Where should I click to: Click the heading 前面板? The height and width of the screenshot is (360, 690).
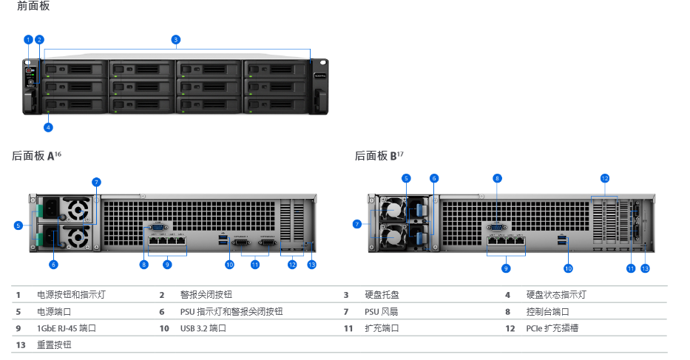[34, 6]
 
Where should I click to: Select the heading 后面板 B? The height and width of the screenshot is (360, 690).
[377, 156]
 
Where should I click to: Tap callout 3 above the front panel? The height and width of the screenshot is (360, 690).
[175, 39]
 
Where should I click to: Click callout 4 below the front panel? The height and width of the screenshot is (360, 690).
[48, 127]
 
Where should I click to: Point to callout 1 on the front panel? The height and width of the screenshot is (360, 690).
[28, 39]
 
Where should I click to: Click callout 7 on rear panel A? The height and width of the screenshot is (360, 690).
[96, 182]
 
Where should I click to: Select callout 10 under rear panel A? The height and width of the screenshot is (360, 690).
[229, 264]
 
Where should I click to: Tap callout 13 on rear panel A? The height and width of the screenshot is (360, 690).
[311, 264]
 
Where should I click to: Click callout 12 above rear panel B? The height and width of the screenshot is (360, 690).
[604, 178]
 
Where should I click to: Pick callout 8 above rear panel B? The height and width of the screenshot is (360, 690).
[498, 178]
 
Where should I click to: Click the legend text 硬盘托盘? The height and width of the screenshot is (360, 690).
[382, 295]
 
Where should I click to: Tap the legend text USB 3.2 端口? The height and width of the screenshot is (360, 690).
[203, 328]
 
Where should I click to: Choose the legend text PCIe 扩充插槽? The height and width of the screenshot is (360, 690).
[552, 328]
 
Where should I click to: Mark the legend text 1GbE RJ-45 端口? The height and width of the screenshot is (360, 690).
[67, 328]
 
